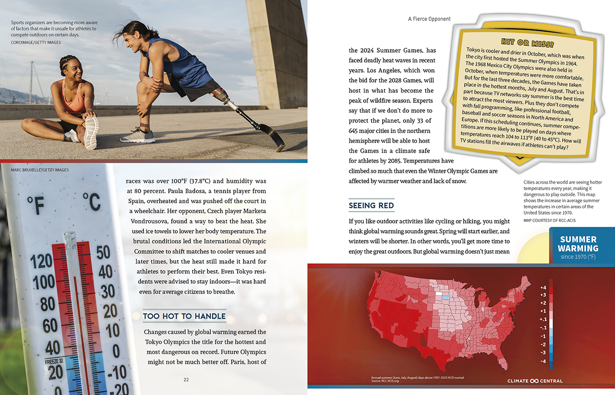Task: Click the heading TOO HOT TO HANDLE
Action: coord(184,316)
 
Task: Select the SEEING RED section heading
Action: coord(371,205)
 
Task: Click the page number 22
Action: coord(186,380)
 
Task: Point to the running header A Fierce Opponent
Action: coord(429,19)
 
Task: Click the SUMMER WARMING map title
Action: coord(578,244)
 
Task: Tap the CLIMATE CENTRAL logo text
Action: coord(535,381)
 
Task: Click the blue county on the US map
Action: coord(445,297)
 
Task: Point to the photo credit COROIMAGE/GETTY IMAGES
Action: coord(36,42)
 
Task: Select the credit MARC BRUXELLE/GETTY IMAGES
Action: coord(36,170)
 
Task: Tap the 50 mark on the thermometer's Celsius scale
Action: coord(103,253)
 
